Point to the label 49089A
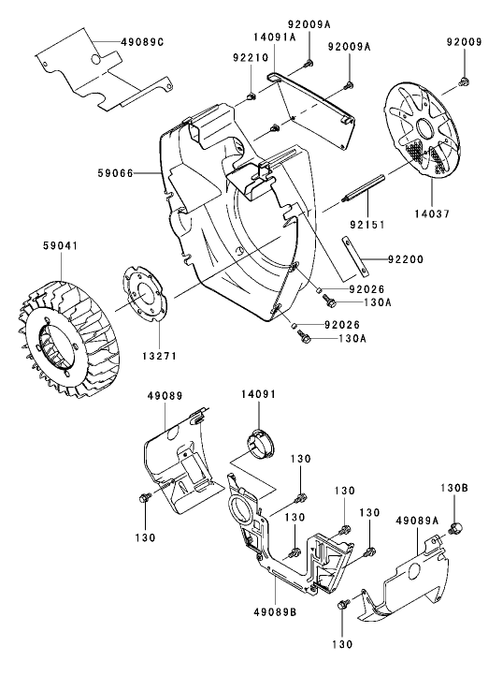tap(421, 520)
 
